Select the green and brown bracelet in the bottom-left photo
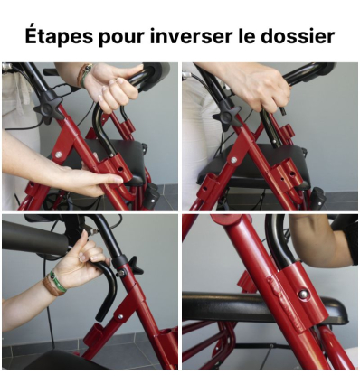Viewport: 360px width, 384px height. [55, 281]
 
